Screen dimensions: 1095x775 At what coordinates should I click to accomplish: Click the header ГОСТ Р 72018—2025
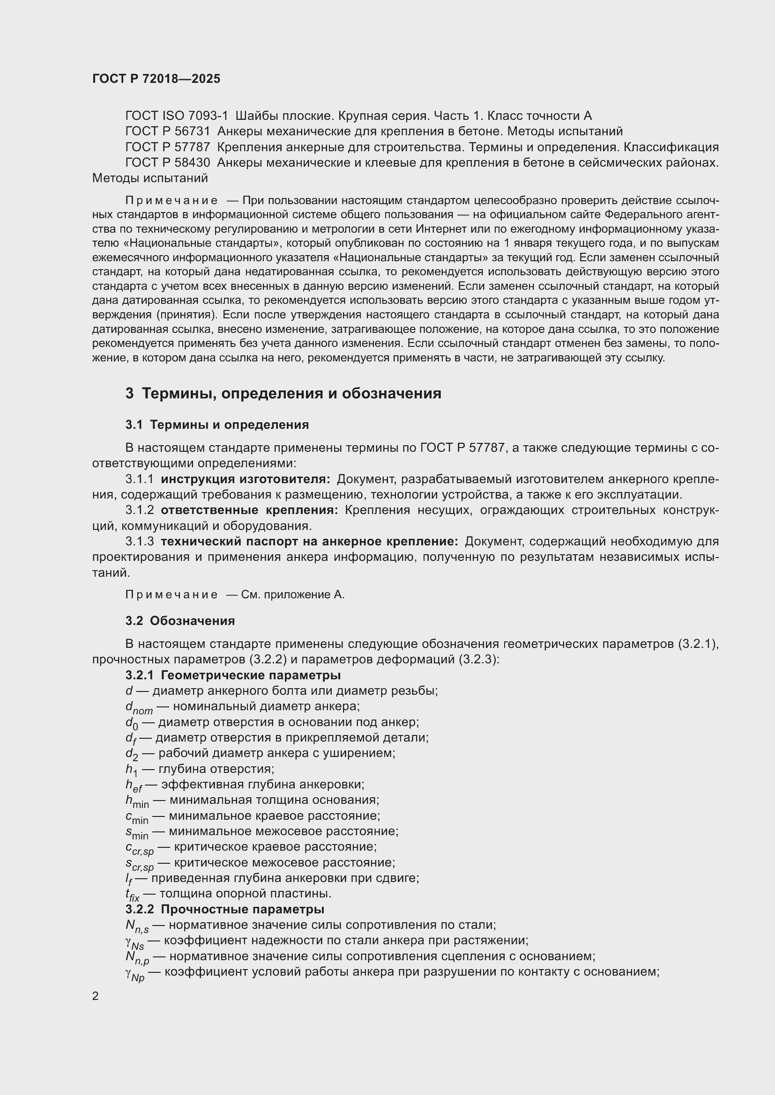[156, 79]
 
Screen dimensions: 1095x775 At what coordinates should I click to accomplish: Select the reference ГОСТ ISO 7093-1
[177, 116]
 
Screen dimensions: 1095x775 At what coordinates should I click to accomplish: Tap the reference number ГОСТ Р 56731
[167, 131]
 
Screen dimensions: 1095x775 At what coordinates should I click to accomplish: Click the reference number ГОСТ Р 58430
[167, 162]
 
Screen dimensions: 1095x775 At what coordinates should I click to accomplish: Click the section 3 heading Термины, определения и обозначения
[283, 393]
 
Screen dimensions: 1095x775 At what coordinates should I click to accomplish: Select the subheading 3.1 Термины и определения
[217, 425]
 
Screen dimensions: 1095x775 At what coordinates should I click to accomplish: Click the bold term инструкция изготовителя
[245, 479]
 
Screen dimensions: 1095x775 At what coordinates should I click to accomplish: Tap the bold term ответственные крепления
[249, 510]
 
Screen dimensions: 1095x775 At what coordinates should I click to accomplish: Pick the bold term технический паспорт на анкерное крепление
[309, 541]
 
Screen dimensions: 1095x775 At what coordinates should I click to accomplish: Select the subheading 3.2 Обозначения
[180, 620]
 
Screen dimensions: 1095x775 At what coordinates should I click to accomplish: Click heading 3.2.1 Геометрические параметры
[233, 675]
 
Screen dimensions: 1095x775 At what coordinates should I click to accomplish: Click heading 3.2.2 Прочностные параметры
[225, 909]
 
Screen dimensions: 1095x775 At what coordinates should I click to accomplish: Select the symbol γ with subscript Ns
[134, 942]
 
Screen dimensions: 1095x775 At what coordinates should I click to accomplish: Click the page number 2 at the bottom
[96, 996]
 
